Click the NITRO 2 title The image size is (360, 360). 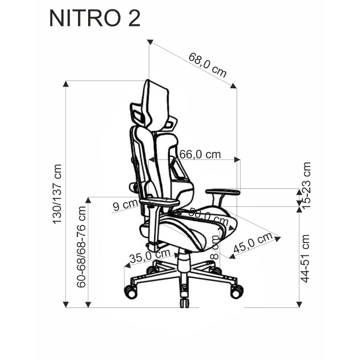click(95, 18)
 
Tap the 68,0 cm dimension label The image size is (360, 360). click(207, 65)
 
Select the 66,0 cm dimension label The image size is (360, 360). click(200, 154)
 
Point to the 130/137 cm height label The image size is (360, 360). click(58, 194)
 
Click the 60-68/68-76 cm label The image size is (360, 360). click(82, 246)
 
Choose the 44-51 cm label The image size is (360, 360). click(307, 259)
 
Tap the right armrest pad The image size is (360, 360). click(223, 192)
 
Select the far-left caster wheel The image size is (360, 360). click(130, 292)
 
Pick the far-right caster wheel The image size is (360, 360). click(236, 291)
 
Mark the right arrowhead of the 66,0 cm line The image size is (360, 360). click(238, 160)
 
